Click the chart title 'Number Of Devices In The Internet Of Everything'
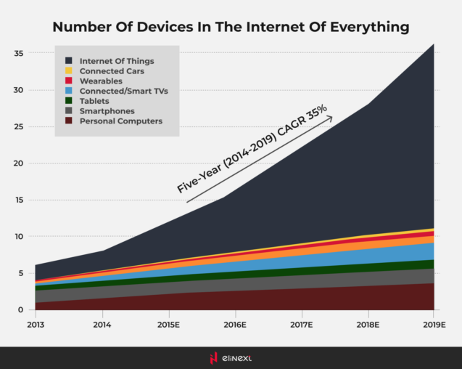[x=231, y=28]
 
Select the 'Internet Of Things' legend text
[x=117, y=61]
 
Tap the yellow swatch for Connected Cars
[x=68, y=71]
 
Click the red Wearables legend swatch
[x=68, y=81]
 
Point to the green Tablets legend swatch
[x=68, y=101]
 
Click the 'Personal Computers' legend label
[x=120, y=121]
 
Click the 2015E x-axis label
[x=168, y=324]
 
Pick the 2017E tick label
[x=300, y=324]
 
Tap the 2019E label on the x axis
[x=433, y=324]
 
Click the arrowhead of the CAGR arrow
[x=330, y=118]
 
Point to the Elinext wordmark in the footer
[x=237, y=357]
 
